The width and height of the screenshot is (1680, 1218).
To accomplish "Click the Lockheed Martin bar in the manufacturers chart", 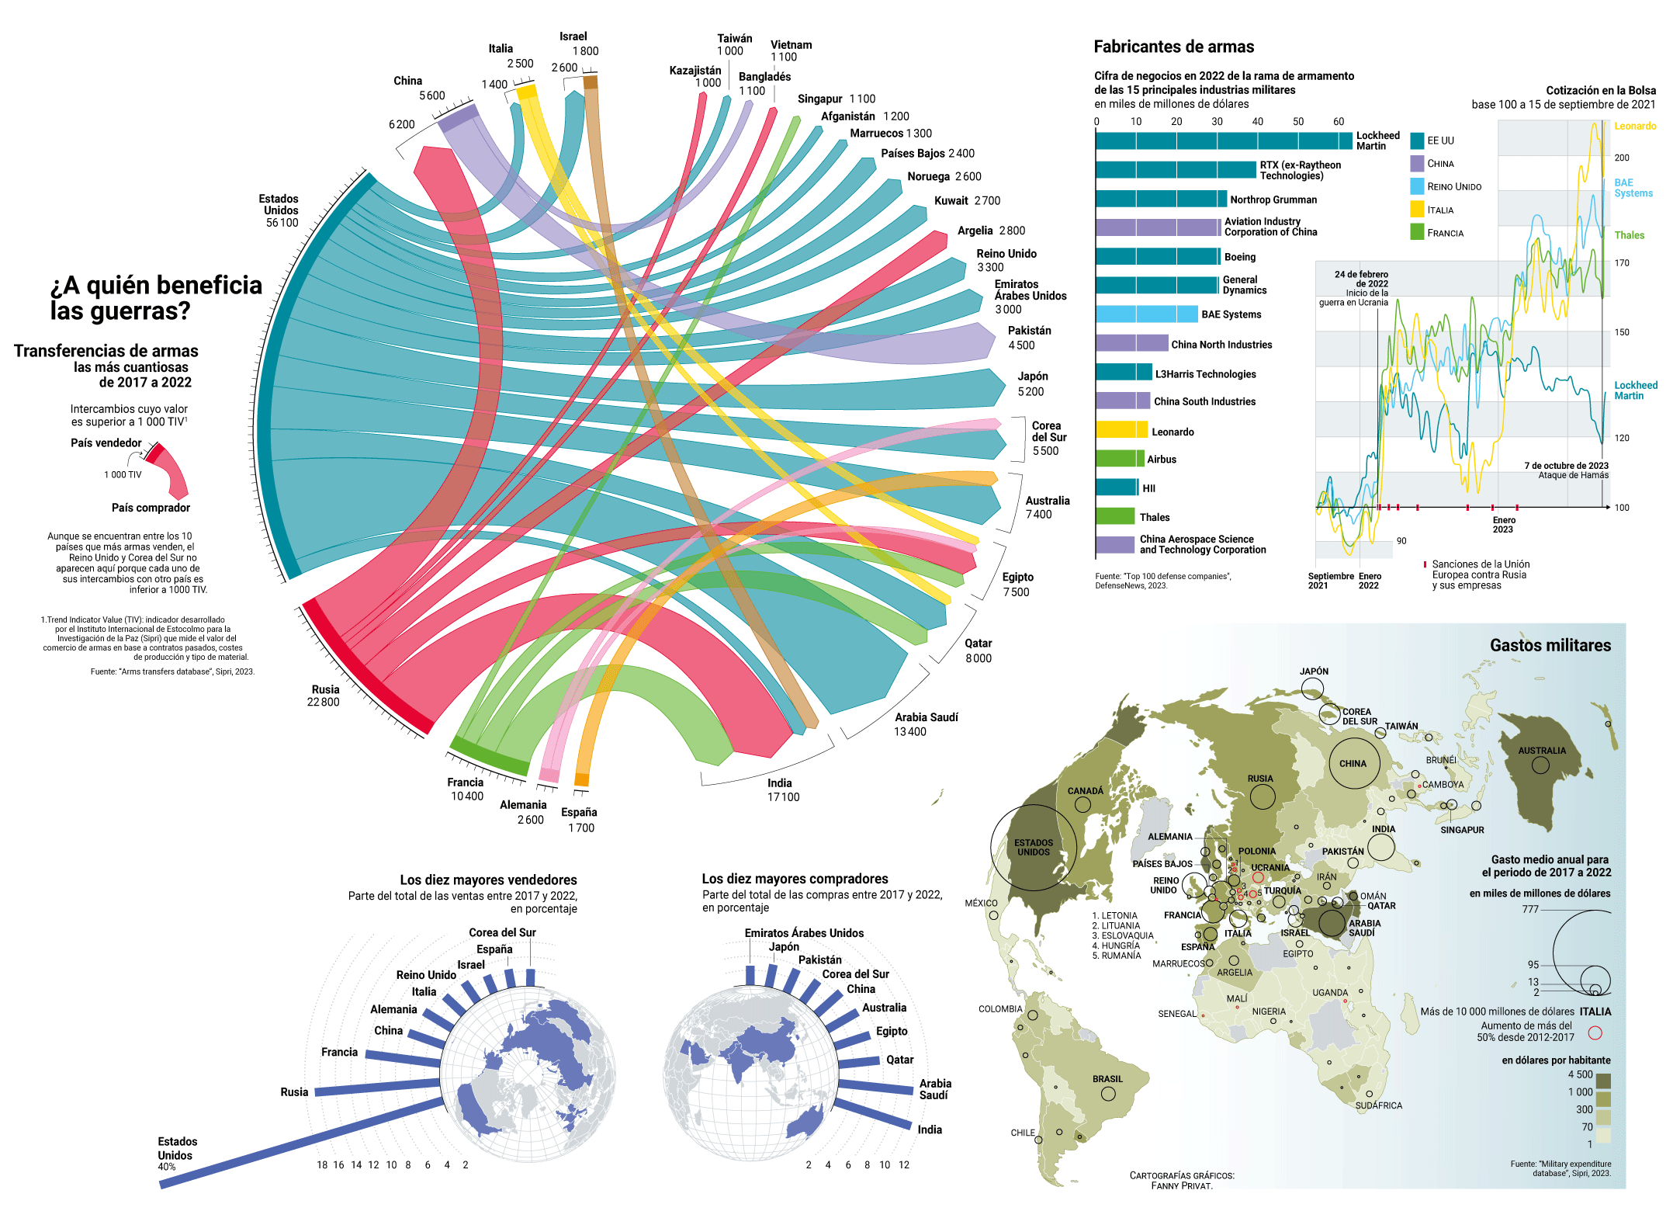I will pos(1224,141).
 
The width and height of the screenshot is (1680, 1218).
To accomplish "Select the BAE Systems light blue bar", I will pos(1147,314).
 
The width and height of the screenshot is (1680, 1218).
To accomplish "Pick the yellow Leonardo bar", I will pos(1121,430).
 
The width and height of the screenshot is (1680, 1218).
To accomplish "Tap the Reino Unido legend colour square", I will pos(1417,186).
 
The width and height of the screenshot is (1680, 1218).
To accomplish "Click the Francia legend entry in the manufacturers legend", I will pos(1445,233).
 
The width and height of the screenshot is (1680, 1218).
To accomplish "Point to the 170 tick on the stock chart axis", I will pos(1622,263).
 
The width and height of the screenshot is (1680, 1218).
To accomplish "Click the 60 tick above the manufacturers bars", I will pos(1339,122).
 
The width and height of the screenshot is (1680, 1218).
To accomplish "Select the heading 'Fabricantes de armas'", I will pos(1173,47).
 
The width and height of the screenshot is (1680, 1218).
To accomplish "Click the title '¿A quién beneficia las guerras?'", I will pos(156,298).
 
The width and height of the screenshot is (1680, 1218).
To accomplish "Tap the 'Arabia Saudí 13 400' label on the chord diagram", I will pos(925,724).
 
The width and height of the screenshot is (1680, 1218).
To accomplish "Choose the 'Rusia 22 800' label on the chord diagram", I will pos(324,696).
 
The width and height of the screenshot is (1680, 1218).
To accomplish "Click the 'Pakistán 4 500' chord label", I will pos(1029,338).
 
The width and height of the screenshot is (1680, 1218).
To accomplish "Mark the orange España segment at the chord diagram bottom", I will pos(581,779).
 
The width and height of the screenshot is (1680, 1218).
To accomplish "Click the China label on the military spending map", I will pos(1353,764).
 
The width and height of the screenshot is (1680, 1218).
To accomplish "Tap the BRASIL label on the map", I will pos(1107,1079).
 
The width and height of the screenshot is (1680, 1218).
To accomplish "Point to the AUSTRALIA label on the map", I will pos(1542,751).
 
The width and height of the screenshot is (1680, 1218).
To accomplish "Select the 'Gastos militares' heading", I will pos(1550,645).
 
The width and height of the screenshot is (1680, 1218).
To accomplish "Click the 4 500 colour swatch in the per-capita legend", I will pos(1603,1081).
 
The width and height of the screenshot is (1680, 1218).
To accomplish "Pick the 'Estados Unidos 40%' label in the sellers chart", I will pos(177,1153).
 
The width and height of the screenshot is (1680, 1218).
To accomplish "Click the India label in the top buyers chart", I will pos(930,1130).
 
